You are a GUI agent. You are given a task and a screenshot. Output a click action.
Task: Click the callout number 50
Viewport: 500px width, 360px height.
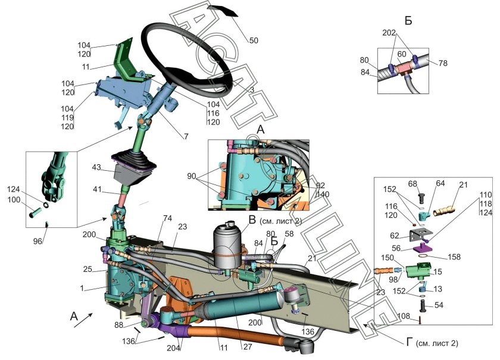coord(254,40)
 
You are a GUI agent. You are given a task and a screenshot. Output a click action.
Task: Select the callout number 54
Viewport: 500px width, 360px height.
coord(455,305)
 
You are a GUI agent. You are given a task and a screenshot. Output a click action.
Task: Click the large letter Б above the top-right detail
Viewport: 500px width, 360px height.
coord(408,21)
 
